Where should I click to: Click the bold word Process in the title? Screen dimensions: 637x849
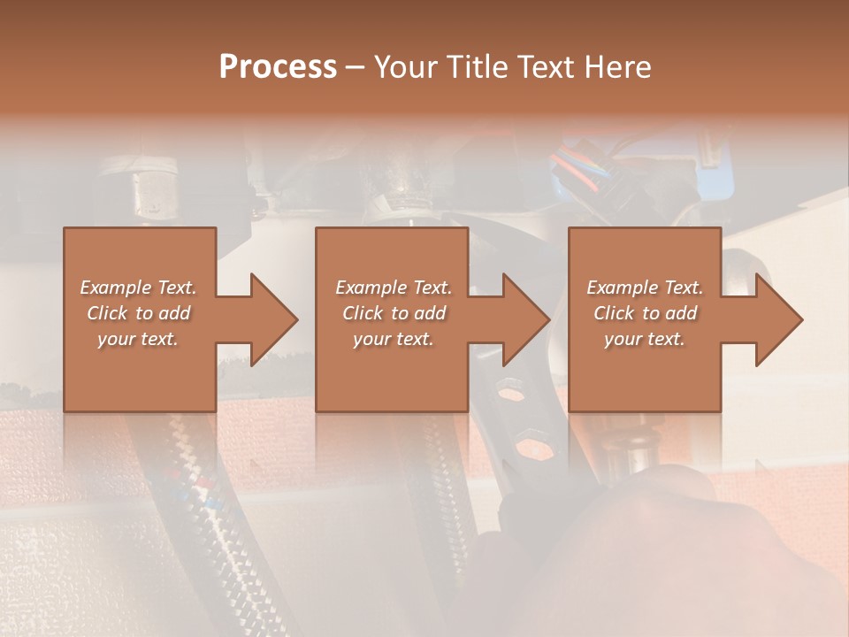tap(278, 66)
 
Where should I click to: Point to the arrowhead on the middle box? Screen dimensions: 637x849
tap(525, 319)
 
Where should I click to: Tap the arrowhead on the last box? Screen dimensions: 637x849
tap(778, 319)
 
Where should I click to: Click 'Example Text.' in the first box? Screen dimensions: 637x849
tap(138, 288)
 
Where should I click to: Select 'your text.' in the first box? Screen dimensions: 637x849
tap(138, 339)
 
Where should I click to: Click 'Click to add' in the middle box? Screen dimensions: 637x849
tap(394, 313)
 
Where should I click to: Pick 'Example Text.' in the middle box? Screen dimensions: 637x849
tap(394, 288)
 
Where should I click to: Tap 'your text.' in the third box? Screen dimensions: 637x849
tap(645, 339)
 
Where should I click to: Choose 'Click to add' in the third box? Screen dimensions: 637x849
tap(645, 313)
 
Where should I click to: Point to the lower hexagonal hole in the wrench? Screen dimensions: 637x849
tap(529, 442)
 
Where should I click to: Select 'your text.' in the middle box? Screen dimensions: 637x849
tap(394, 339)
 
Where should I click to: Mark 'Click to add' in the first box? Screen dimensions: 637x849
tap(138, 313)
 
